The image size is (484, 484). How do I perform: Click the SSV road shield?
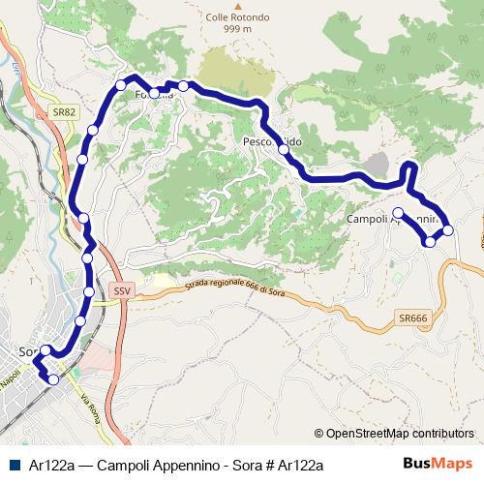click(x=121, y=289)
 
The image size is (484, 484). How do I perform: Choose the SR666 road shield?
click(x=411, y=318)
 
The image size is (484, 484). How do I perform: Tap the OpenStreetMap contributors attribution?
click(x=394, y=434)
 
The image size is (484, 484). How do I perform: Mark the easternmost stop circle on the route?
click(x=447, y=230)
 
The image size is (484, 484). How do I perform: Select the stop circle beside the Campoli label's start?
click(x=398, y=212)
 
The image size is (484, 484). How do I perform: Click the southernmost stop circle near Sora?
click(x=53, y=380)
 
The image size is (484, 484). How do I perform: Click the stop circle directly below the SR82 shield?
click(x=93, y=131)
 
